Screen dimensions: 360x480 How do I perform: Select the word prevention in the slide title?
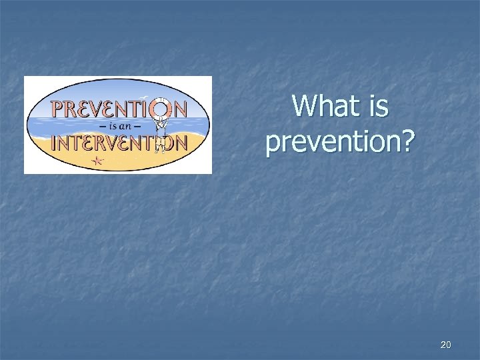(332, 141)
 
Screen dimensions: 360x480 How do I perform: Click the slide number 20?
(446, 345)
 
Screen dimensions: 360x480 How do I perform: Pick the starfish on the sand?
(99, 160)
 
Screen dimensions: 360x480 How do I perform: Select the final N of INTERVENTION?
(179, 142)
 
